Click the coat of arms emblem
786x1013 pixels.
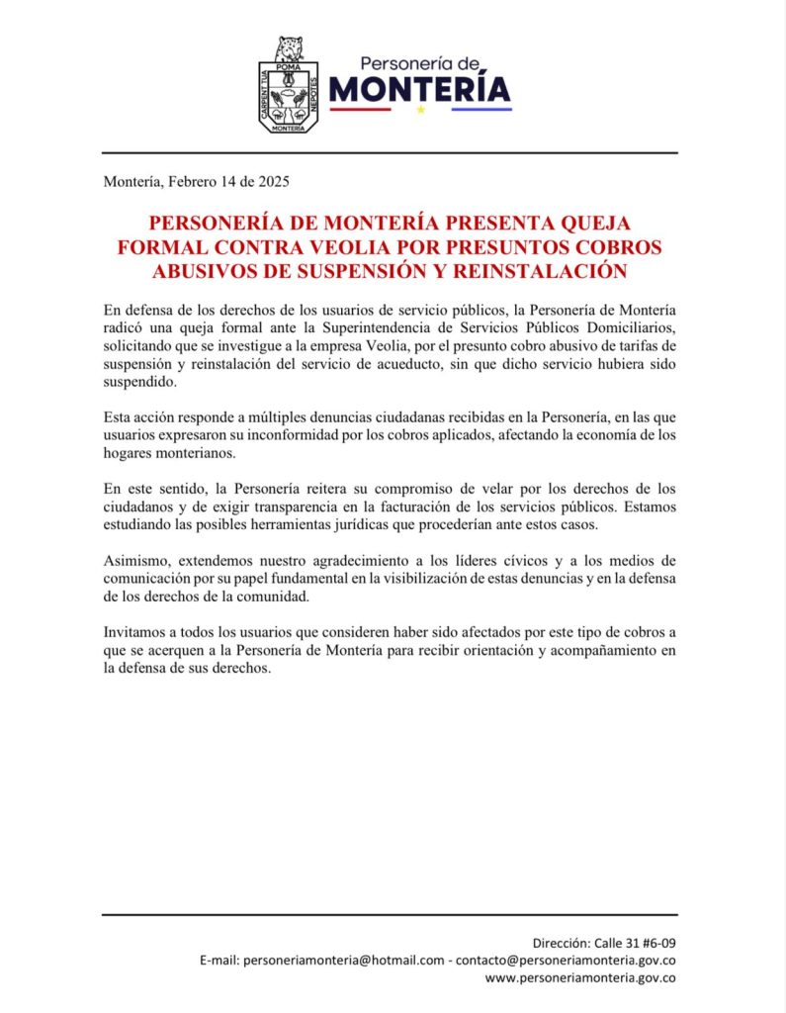tap(288, 85)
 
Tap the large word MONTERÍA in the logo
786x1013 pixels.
tap(420, 90)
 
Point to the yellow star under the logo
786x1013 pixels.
tap(420, 110)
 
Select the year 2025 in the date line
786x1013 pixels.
tap(272, 182)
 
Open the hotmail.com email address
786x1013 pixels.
tap(343, 960)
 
